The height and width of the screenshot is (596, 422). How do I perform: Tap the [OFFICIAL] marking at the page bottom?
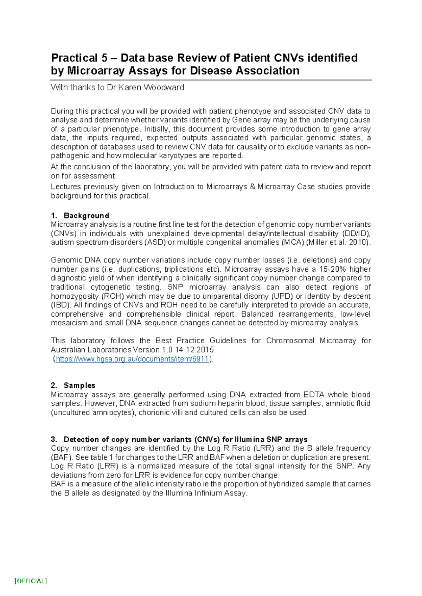(31, 581)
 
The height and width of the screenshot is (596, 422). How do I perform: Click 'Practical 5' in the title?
(75, 58)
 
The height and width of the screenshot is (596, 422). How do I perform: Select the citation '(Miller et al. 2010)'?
(339, 242)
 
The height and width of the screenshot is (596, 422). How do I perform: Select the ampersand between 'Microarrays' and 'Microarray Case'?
(252, 187)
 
